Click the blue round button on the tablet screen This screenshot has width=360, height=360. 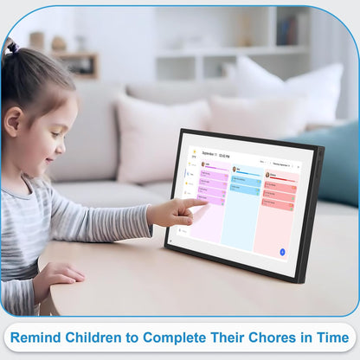point(282,252)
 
